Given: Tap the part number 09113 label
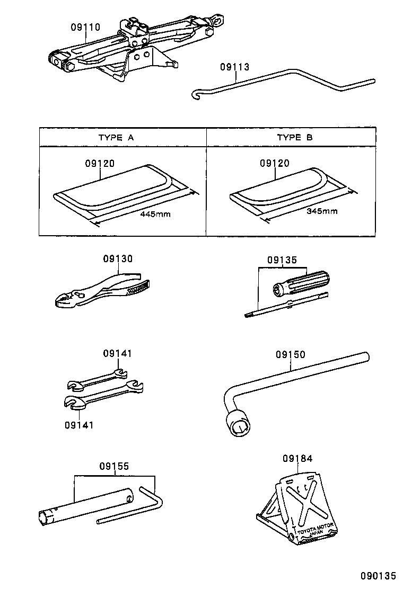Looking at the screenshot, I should click(x=234, y=67).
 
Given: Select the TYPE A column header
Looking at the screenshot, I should click(x=116, y=137).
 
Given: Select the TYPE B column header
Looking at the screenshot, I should click(x=295, y=137).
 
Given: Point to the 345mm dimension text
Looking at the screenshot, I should click(x=322, y=211).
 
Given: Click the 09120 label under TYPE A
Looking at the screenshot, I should click(x=99, y=164).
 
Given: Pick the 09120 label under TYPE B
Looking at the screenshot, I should click(x=275, y=164).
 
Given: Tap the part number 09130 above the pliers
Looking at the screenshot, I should click(x=118, y=259).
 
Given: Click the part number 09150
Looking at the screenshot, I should click(x=290, y=355).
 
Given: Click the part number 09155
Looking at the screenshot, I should click(x=114, y=467).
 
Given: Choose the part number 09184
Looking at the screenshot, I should click(x=297, y=459).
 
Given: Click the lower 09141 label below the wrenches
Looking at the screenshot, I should click(x=80, y=425).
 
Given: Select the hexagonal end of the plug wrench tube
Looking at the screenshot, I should click(x=46, y=517).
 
